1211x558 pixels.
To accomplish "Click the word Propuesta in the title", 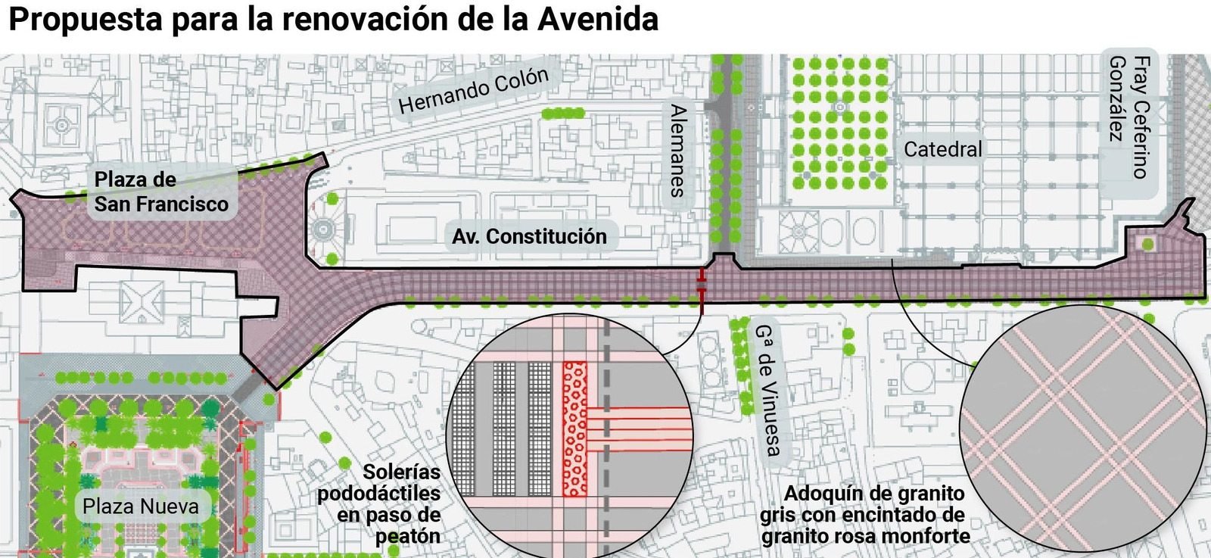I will (86, 20).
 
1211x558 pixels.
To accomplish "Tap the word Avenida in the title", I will (598, 20).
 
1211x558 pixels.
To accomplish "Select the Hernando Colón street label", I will (473, 90).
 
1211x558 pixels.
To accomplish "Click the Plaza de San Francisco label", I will (160, 192).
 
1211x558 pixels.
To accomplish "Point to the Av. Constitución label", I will (529, 237).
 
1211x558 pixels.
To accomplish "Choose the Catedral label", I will (942, 149).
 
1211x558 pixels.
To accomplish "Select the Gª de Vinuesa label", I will (767, 390).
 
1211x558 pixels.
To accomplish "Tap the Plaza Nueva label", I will (141, 507).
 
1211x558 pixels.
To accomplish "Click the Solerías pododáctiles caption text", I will (378, 503).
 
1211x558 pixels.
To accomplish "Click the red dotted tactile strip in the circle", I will (575, 429).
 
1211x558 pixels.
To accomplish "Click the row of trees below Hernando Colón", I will (564, 114).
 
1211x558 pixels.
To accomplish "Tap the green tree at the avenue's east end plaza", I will (1148, 244).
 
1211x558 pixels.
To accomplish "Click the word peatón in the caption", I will (408, 537).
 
